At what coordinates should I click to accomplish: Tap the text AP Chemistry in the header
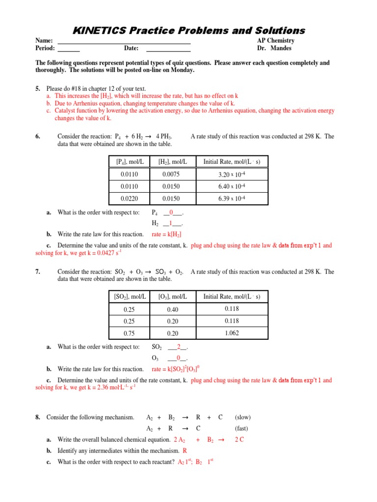[x=275, y=41]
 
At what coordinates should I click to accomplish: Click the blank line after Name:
[x=125, y=42]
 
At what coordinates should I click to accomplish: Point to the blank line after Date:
[x=168, y=50]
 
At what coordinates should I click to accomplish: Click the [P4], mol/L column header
[x=130, y=161]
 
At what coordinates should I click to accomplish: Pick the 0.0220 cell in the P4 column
[x=130, y=199]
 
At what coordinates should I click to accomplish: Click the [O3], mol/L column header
[x=172, y=297]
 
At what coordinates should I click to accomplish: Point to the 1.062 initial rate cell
[x=232, y=333]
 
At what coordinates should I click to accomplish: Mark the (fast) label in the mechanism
[x=242, y=428]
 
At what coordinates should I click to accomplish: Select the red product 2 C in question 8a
[x=240, y=440]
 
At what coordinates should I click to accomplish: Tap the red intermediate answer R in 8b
[x=185, y=451]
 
